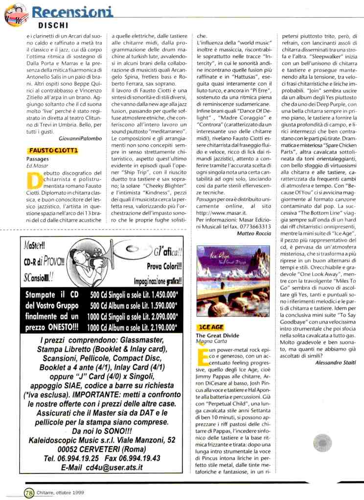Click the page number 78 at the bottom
coord(28,493)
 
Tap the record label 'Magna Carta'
coord(209,341)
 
